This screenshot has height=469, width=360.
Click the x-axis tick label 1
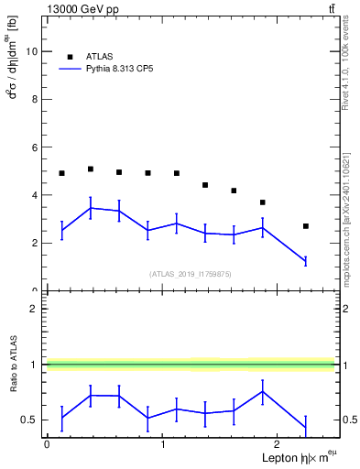coord(162,444)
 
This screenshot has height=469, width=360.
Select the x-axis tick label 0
coord(47,444)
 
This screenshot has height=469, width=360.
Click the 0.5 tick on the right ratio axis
coord(346,420)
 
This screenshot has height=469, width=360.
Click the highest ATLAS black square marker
coord(90,169)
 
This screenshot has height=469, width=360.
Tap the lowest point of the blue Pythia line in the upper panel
coord(306,262)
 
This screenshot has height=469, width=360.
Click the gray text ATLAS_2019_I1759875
coord(191,273)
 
